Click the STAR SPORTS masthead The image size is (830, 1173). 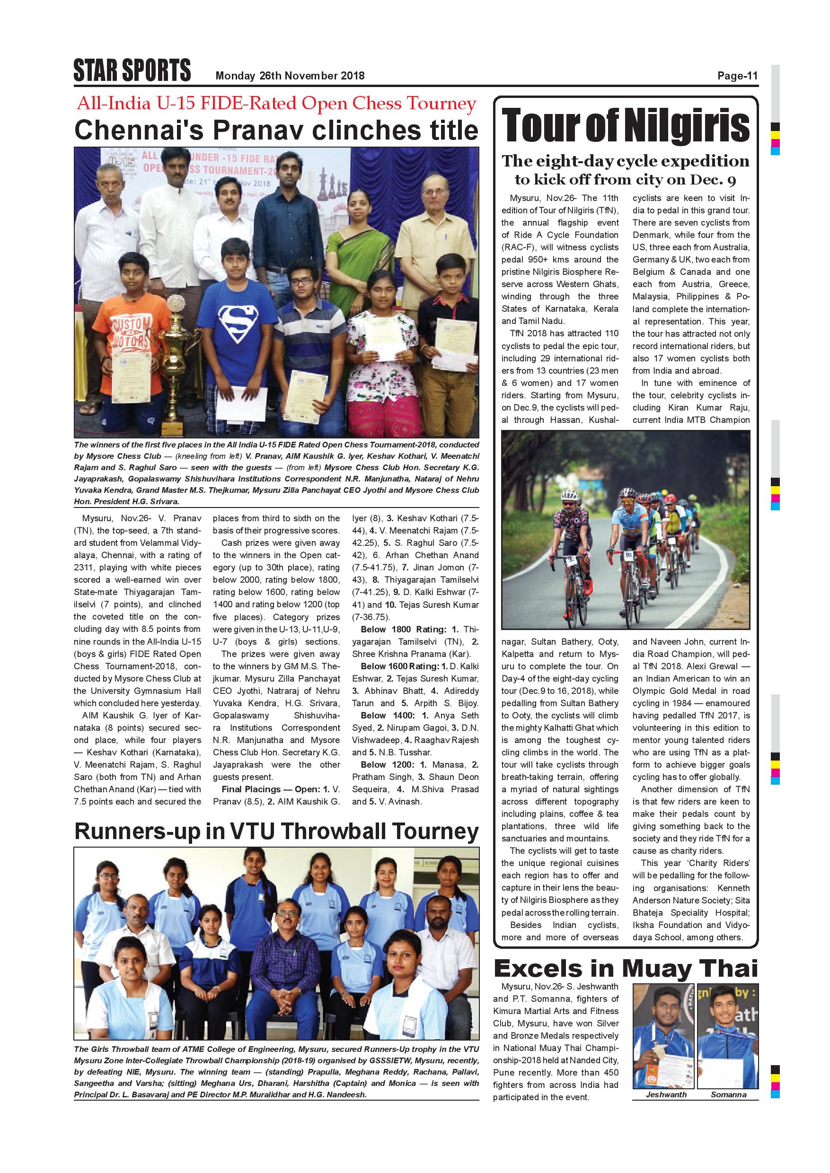click(x=132, y=70)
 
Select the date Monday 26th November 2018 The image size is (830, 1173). click(x=290, y=76)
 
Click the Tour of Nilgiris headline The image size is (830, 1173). click(x=626, y=126)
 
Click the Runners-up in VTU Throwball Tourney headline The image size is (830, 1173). click(x=276, y=831)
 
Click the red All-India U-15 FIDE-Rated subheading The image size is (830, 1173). click(x=276, y=104)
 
